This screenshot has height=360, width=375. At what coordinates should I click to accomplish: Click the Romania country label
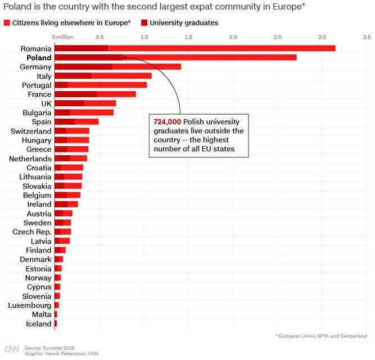click(x=35, y=48)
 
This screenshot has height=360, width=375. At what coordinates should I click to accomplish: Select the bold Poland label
click(x=37, y=57)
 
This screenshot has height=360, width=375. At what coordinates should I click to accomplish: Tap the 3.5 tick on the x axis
click(x=367, y=37)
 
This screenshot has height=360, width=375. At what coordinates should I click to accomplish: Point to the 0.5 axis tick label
click(x=100, y=37)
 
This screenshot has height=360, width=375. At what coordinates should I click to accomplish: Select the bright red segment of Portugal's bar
click(x=107, y=85)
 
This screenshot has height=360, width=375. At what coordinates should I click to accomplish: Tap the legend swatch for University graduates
click(x=145, y=23)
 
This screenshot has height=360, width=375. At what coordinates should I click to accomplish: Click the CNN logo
click(x=11, y=349)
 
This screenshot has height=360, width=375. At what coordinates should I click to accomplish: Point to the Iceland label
click(x=38, y=323)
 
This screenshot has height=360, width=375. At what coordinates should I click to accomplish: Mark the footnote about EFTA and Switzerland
click(x=321, y=336)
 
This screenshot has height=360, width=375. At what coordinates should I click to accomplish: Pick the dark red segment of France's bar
click(x=75, y=94)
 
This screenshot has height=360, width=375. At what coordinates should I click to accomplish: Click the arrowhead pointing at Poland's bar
click(x=125, y=57)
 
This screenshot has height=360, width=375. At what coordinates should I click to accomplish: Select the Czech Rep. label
click(x=32, y=232)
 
